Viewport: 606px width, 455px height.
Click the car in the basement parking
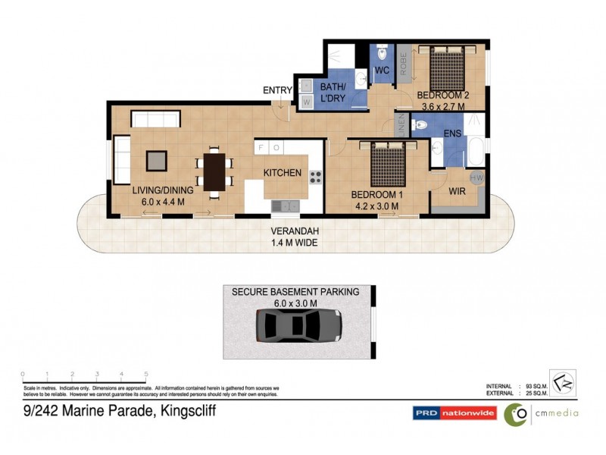tap(299, 326)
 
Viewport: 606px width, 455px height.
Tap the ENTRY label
tap(277, 90)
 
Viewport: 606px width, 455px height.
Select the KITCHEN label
tap(283, 173)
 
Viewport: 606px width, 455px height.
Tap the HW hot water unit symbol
tap(476, 177)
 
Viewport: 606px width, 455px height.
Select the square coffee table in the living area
tap(157, 160)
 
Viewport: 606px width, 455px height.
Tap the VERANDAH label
tap(295, 233)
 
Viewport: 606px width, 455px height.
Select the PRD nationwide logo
tap(454, 413)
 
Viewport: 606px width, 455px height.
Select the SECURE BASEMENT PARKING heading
tap(295, 291)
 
